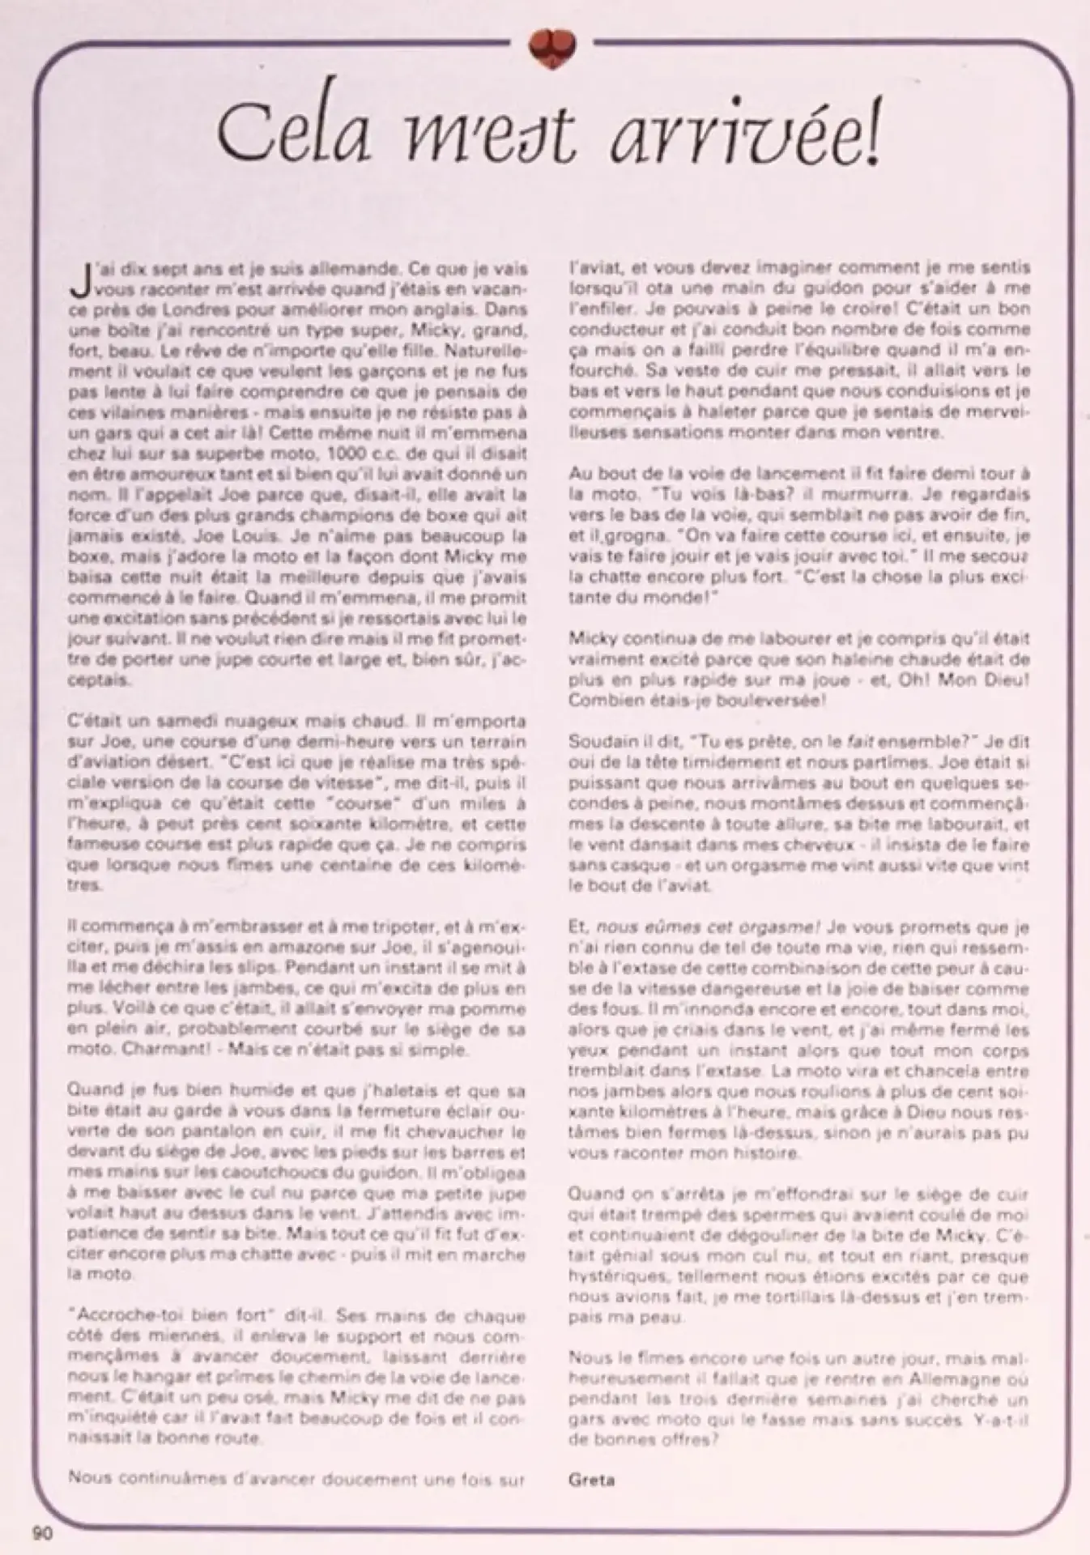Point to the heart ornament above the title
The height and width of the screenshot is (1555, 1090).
[x=552, y=46]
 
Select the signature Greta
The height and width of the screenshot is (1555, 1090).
[x=592, y=1480]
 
